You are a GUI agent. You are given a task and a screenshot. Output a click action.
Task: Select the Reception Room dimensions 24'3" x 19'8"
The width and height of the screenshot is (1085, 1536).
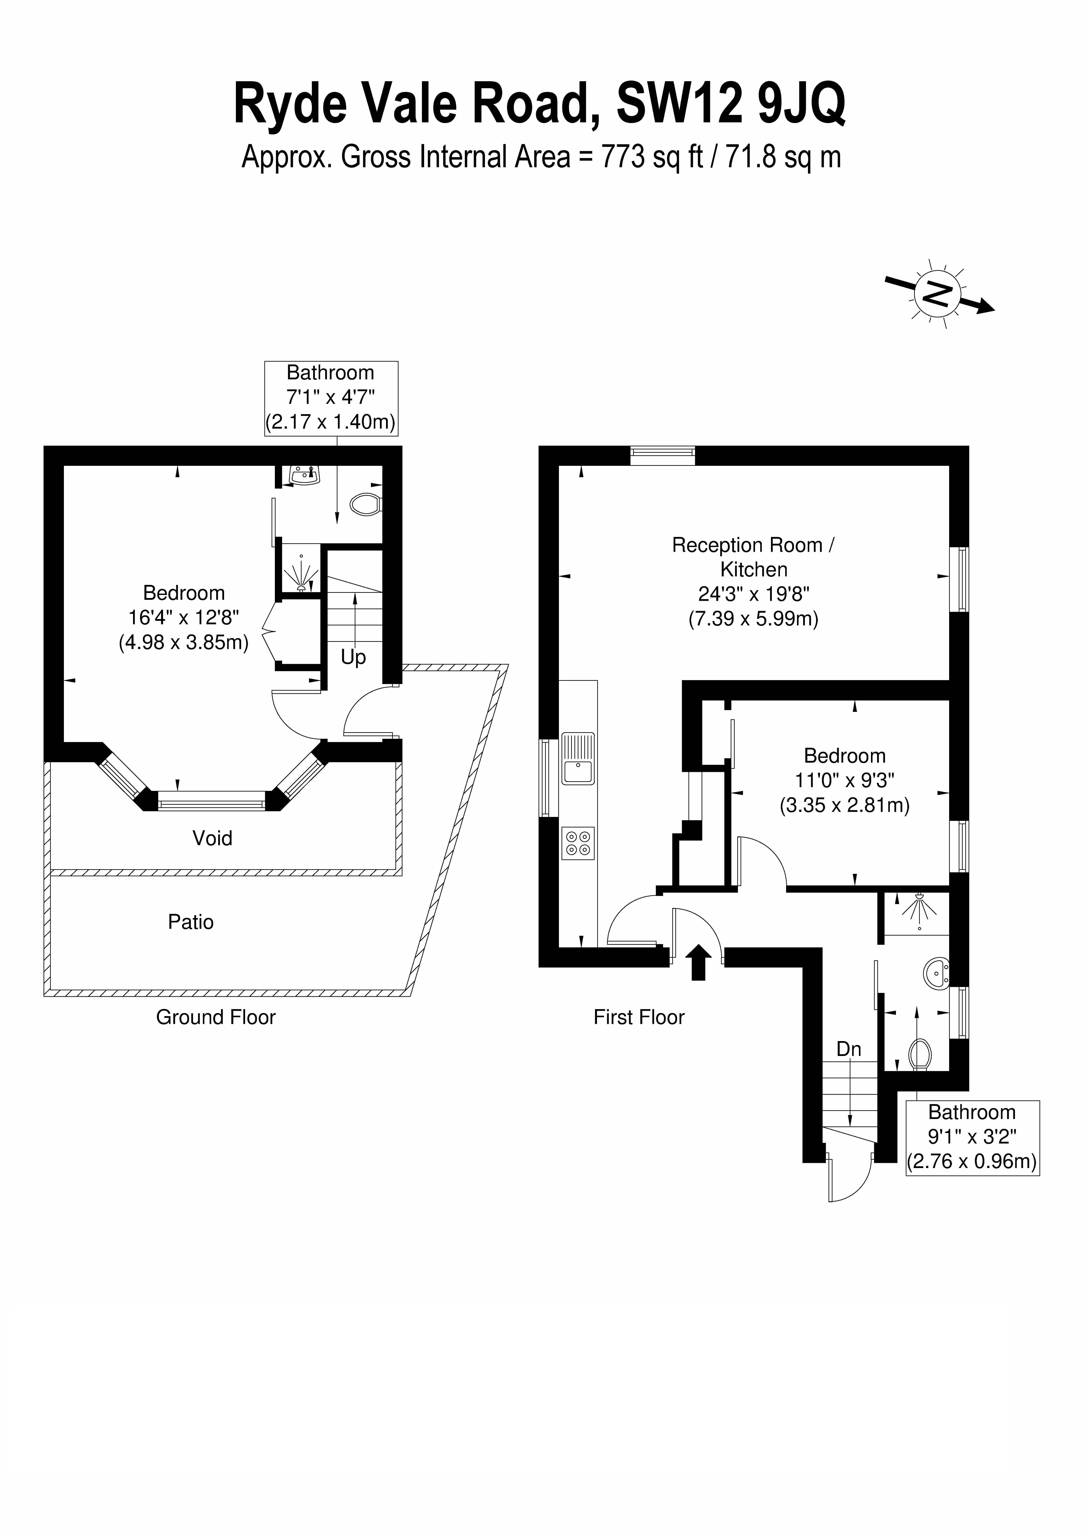pos(754,594)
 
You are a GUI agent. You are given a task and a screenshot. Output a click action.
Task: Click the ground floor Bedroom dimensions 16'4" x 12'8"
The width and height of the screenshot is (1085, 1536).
pos(184,618)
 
